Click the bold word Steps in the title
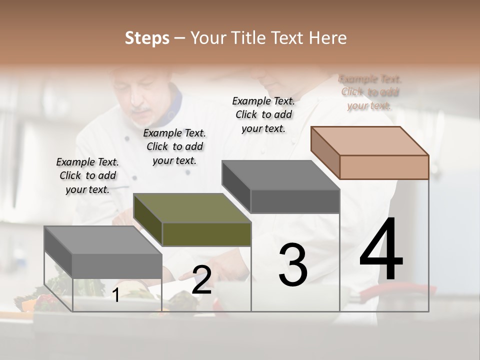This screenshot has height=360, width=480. pyautogui.click(x=147, y=38)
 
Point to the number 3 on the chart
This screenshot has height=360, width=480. pyautogui.click(x=292, y=265)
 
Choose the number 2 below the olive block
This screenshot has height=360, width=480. pyautogui.click(x=201, y=280)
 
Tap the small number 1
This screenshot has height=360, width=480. pyautogui.click(x=116, y=295)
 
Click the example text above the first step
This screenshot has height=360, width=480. pyautogui.click(x=87, y=175)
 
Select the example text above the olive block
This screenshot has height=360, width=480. pyautogui.click(x=174, y=146)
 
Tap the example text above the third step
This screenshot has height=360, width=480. pyautogui.click(x=263, y=114)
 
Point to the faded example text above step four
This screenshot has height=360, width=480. pyautogui.click(x=370, y=92)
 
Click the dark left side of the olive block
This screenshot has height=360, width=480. pyautogui.click(x=148, y=220)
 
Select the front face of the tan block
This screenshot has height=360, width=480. pyautogui.click(x=384, y=167)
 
